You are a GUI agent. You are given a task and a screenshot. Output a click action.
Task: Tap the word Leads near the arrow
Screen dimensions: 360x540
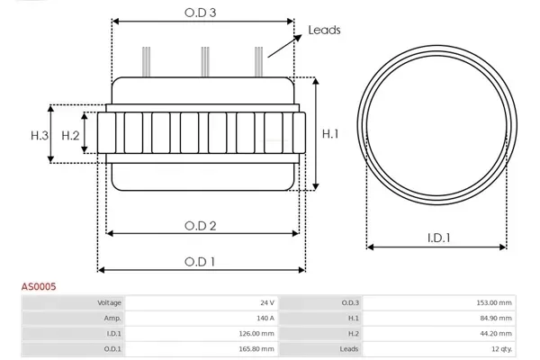(325, 30)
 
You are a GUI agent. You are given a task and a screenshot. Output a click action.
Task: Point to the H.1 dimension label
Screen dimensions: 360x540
(330, 134)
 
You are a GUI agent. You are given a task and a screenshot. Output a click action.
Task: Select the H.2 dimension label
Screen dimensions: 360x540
(71, 135)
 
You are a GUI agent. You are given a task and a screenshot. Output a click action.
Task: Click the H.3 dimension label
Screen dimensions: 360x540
(39, 135)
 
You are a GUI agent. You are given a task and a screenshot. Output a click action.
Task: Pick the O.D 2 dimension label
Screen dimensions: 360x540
(199, 225)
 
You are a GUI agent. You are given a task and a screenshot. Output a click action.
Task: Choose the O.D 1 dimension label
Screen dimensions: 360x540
(199, 261)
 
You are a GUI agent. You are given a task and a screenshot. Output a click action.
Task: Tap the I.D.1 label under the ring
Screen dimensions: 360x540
(438, 238)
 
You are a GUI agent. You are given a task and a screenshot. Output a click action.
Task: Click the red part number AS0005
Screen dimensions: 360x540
(40, 286)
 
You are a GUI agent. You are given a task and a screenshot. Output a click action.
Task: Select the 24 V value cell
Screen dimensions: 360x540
(266, 303)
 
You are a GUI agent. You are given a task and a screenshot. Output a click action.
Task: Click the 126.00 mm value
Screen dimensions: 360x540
(256, 333)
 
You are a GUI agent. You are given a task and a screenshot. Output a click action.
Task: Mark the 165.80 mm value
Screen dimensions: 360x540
(256, 348)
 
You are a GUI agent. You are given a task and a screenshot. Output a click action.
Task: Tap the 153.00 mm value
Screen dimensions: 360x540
(494, 303)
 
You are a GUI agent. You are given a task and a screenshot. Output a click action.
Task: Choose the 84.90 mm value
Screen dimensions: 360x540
(496, 318)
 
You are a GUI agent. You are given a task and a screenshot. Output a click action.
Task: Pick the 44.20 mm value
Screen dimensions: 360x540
(496, 333)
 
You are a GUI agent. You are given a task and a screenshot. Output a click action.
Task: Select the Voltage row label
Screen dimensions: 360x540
(110, 303)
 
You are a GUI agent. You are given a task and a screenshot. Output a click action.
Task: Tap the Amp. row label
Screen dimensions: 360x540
(113, 318)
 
